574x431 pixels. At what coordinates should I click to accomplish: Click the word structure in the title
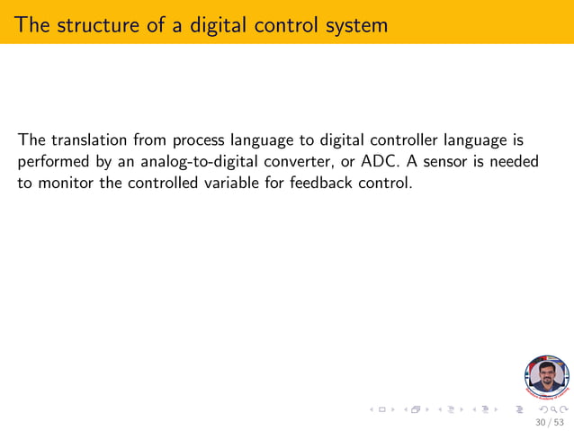(x=93, y=24)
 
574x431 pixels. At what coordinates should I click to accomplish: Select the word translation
(x=90, y=140)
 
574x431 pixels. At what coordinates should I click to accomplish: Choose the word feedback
(x=312, y=184)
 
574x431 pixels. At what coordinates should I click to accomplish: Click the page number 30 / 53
(x=550, y=421)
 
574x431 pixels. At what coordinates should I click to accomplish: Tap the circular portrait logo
(x=546, y=376)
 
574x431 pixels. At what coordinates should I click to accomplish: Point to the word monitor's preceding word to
(x=25, y=184)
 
